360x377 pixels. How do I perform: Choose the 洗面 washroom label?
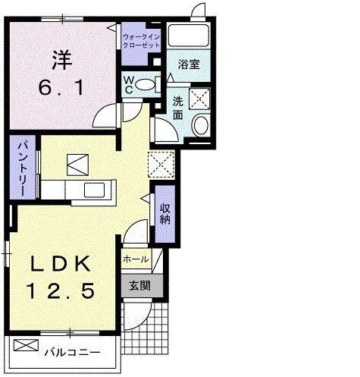(x=178, y=106)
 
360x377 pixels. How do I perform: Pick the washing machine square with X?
(x=202, y=97)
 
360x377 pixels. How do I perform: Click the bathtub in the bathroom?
(x=190, y=36)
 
